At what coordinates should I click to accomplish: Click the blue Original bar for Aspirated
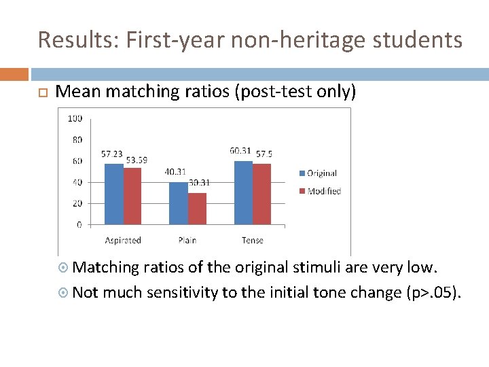click(x=114, y=194)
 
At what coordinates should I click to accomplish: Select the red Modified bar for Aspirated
click(x=132, y=196)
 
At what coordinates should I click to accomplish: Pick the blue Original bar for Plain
click(x=178, y=203)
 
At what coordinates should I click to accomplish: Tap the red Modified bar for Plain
click(x=197, y=209)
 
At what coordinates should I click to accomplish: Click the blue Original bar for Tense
click(x=243, y=192)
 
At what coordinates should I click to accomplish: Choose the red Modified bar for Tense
click(x=261, y=194)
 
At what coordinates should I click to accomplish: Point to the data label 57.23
click(x=112, y=154)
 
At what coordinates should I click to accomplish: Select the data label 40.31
click(x=175, y=172)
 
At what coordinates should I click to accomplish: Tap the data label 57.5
click(x=264, y=154)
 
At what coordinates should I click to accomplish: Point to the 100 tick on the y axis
click(x=75, y=118)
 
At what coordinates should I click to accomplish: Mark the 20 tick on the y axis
click(x=77, y=203)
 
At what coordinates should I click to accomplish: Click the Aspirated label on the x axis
click(x=123, y=240)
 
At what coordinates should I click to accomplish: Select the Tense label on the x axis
click(x=252, y=240)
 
